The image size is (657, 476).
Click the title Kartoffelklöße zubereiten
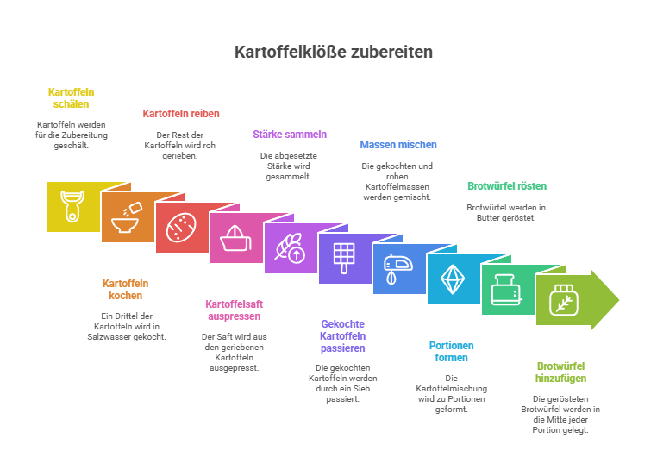[x=334, y=52]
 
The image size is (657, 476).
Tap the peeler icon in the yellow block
[x=72, y=206]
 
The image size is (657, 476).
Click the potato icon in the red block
[x=181, y=228]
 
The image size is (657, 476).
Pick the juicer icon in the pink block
[x=235, y=238]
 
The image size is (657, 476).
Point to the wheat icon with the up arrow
[x=290, y=248]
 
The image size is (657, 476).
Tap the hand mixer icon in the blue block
[x=398, y=269]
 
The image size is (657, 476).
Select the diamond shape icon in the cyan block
[x=453, y=279]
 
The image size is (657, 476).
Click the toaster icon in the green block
[x=507, y=290]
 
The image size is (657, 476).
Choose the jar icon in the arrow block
[x=564, y=300]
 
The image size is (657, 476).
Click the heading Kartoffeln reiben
[x=181, y=114]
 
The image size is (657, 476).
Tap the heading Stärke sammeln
[x=290, y=134]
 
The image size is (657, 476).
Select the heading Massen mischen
[x=398, y=145]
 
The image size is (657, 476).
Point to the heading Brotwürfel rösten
[x=507, y=186]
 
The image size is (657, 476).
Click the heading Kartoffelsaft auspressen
[x=235, y=310]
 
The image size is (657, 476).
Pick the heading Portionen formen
[x=451, y=352]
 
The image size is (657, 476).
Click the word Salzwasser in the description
[x=108, y=337]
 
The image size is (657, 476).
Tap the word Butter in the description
[x=488, y=218]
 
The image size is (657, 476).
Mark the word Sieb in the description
[x=361, y=388]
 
